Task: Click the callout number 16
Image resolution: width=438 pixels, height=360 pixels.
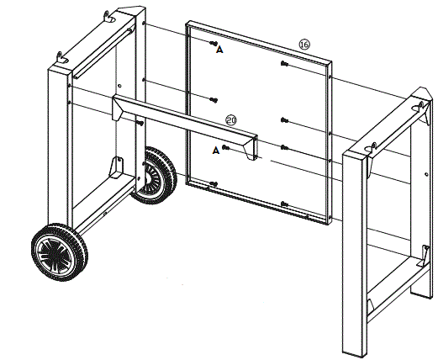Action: pos(304,43)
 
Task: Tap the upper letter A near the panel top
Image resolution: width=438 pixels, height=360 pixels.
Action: pos(220,50)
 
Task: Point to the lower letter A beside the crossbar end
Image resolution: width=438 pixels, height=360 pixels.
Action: pos(216,151)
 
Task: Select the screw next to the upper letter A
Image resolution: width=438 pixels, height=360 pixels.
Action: pos(215,43)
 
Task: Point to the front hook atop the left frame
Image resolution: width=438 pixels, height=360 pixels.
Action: pos(61,55)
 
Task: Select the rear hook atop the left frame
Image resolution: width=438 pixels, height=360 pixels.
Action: pos(110,16)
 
